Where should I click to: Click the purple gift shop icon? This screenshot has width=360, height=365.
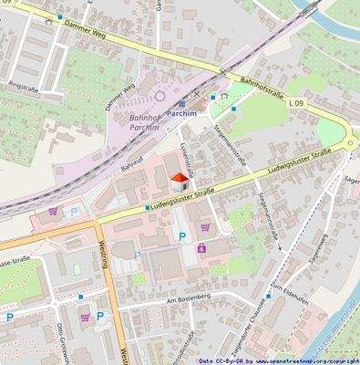pyautogui.click(x=201, y=246)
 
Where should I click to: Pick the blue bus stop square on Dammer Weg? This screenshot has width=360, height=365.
pyautogui.click(x=60, y=16)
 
